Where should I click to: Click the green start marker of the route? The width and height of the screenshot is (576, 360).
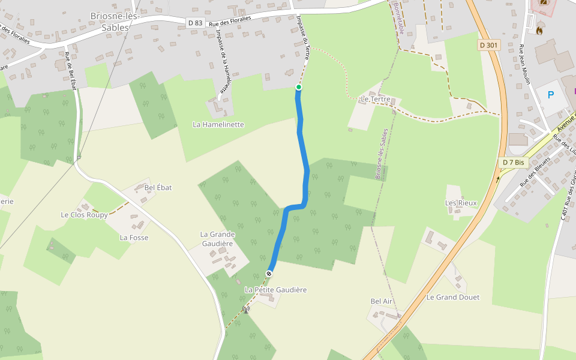pyautogui.click(x=299, y=88)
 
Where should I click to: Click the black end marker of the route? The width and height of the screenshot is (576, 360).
pyautogui.click(x=269, y=274)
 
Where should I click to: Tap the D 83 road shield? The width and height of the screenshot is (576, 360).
pyautogui.click(x=195, y=23)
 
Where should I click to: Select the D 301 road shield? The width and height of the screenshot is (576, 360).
pyautogui.click(x=489, y=45)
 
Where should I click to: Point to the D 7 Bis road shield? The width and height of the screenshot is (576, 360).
pyautogui.click(x=513, y=162)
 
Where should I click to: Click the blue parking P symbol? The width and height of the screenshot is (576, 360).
pyautogui.click(x=550, y=95)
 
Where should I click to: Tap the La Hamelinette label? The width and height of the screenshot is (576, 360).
pyautogui.click(x=218, y=124)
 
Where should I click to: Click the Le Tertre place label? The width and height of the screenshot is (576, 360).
pyautogui.click(x=376, y=99)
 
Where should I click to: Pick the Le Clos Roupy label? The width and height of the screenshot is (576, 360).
pyautogui.click(x=84, y=214)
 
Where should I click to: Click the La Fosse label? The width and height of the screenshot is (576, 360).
pyautogui.click(x=134, y=238)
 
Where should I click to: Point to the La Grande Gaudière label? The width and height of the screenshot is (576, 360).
pyautogui.click(x=216, y=239)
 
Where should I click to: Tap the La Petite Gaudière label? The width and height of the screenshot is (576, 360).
pyautogui.click(x=275, y=290)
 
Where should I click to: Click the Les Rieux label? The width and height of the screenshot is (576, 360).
pyautogui.click(x=461, y=203)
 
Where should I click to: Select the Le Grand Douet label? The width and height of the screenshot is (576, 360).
pyautogui.click(x=452, y=297)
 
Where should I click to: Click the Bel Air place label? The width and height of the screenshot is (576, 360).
pyautogui.click(x=382, y=301)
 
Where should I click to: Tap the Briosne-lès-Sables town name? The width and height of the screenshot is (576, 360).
pyautogui.click(x=114, y=21)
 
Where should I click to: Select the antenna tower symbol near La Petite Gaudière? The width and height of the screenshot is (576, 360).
pyautogui.click(x=245, y=310)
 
